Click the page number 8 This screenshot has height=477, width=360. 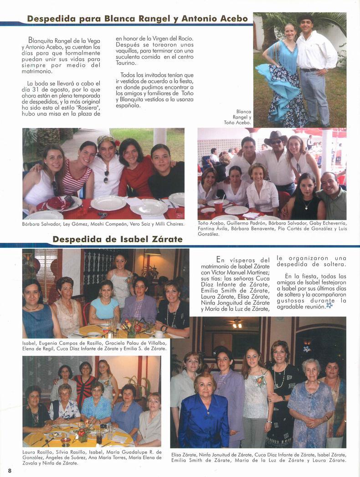pyautogui.click(x=9, y=470)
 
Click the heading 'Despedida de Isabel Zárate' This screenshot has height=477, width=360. pyautogui.click(x=118, y=239)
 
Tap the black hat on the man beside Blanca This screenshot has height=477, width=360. pyautogui.click(x=305, y=18)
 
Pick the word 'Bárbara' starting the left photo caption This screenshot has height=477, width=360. pyautogui.click(x=31, y=224)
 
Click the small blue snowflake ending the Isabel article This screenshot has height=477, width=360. pyautogui.click(x=329, y=306)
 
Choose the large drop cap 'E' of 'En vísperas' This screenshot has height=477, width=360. pyautogui.click(x=220, y=260)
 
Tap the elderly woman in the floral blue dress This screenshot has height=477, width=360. pyautogui.click(x=311, y=401)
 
